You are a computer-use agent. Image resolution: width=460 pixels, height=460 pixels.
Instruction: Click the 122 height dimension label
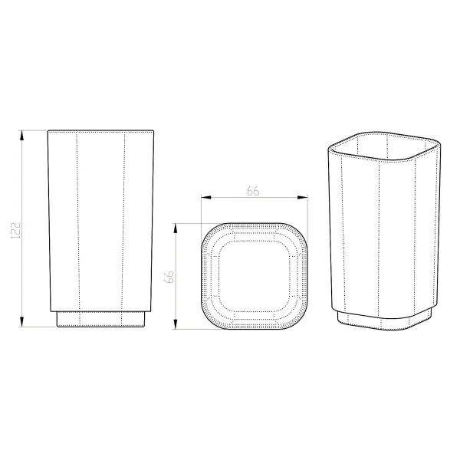tap(15, 230)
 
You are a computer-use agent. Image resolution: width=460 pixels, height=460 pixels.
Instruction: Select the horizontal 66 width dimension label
tap(253, 191)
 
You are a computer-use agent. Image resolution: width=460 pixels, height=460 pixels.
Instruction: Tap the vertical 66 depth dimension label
tap(169, 277)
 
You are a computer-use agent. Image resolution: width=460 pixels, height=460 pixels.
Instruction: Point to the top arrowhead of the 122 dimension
tap(21, 135)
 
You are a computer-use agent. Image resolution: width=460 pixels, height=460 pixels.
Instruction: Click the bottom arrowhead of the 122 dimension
tap(21, 322)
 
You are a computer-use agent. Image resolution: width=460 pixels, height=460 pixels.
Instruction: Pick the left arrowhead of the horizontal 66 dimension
tap(206, 197)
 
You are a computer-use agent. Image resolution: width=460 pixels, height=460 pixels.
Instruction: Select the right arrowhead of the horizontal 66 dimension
tap(303, 197)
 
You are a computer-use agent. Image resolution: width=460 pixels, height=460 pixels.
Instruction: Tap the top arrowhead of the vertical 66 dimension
tap(176, 228)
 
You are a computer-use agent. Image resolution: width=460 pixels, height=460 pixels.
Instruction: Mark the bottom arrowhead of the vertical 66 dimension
tap(176, 324)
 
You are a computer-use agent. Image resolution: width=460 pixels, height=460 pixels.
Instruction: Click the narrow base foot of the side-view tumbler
tap(101, 319)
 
